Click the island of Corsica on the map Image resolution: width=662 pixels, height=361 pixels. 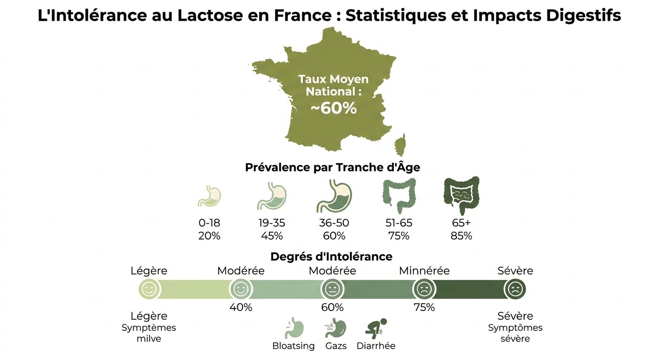tap(401, 145)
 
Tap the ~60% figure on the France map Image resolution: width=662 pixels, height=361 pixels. tap(333, 108)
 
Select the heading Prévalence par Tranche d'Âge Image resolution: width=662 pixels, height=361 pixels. tap(332, 167)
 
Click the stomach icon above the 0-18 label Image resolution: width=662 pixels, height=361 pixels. tap(209, 196)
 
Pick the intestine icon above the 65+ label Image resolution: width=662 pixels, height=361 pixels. tap(461, 196)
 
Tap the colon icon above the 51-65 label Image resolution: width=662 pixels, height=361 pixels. tap(399, 196)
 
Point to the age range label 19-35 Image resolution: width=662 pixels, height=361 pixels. tap(272, 223)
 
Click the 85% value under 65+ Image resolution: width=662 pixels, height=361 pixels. tap(461, 236)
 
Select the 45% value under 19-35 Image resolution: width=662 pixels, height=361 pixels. tap(272, 236)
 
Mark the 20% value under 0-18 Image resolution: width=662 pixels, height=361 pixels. tap(209, 236)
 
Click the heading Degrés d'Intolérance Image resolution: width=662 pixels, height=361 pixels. tap(331, 257)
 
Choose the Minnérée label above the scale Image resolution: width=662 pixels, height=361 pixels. tap(424, 271)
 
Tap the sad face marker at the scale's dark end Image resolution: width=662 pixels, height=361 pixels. tap(515, 289)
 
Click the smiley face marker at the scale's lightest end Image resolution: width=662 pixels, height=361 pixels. tap(150, 289)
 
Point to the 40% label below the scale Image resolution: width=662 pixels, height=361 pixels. tap(241, 307)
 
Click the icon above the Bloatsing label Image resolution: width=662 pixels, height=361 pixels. tap(294, 328)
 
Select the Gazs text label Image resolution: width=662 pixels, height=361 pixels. tap(336, 346)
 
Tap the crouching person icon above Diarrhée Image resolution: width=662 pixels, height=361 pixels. tap(376, 328)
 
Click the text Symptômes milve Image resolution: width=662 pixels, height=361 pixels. tap(149, 333)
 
